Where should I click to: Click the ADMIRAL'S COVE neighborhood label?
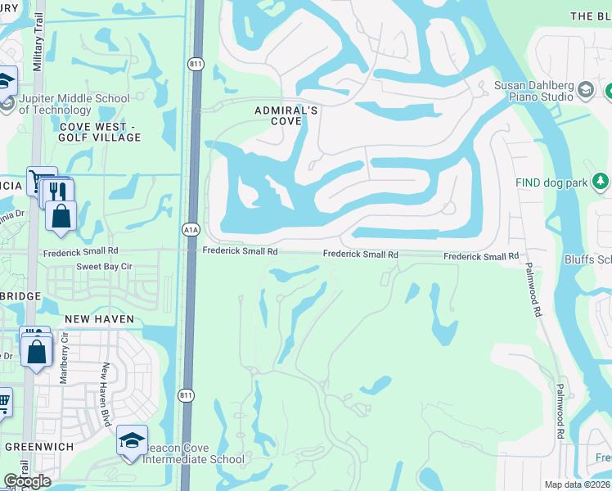tap(278, 115)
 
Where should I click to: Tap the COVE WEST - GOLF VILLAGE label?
tap(100, 132)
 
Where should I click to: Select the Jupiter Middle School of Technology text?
tap(74, 105)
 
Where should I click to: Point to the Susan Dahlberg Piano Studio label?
tap(533, 91)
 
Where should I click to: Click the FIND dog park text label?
tap(551, 182)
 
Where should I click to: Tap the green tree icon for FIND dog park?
tap(601, 180)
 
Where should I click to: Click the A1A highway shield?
tap(190, 232)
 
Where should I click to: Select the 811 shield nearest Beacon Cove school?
tap(187, 395)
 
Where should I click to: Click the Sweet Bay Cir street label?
tap(104, 267)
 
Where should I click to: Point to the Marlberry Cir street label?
tap(64, 358)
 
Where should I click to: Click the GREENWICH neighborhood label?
tap(39, 447)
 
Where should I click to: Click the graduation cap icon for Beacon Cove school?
tap(132, 439)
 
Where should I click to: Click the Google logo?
tap(27, 481)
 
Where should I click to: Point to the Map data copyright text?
tap(578, 484)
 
